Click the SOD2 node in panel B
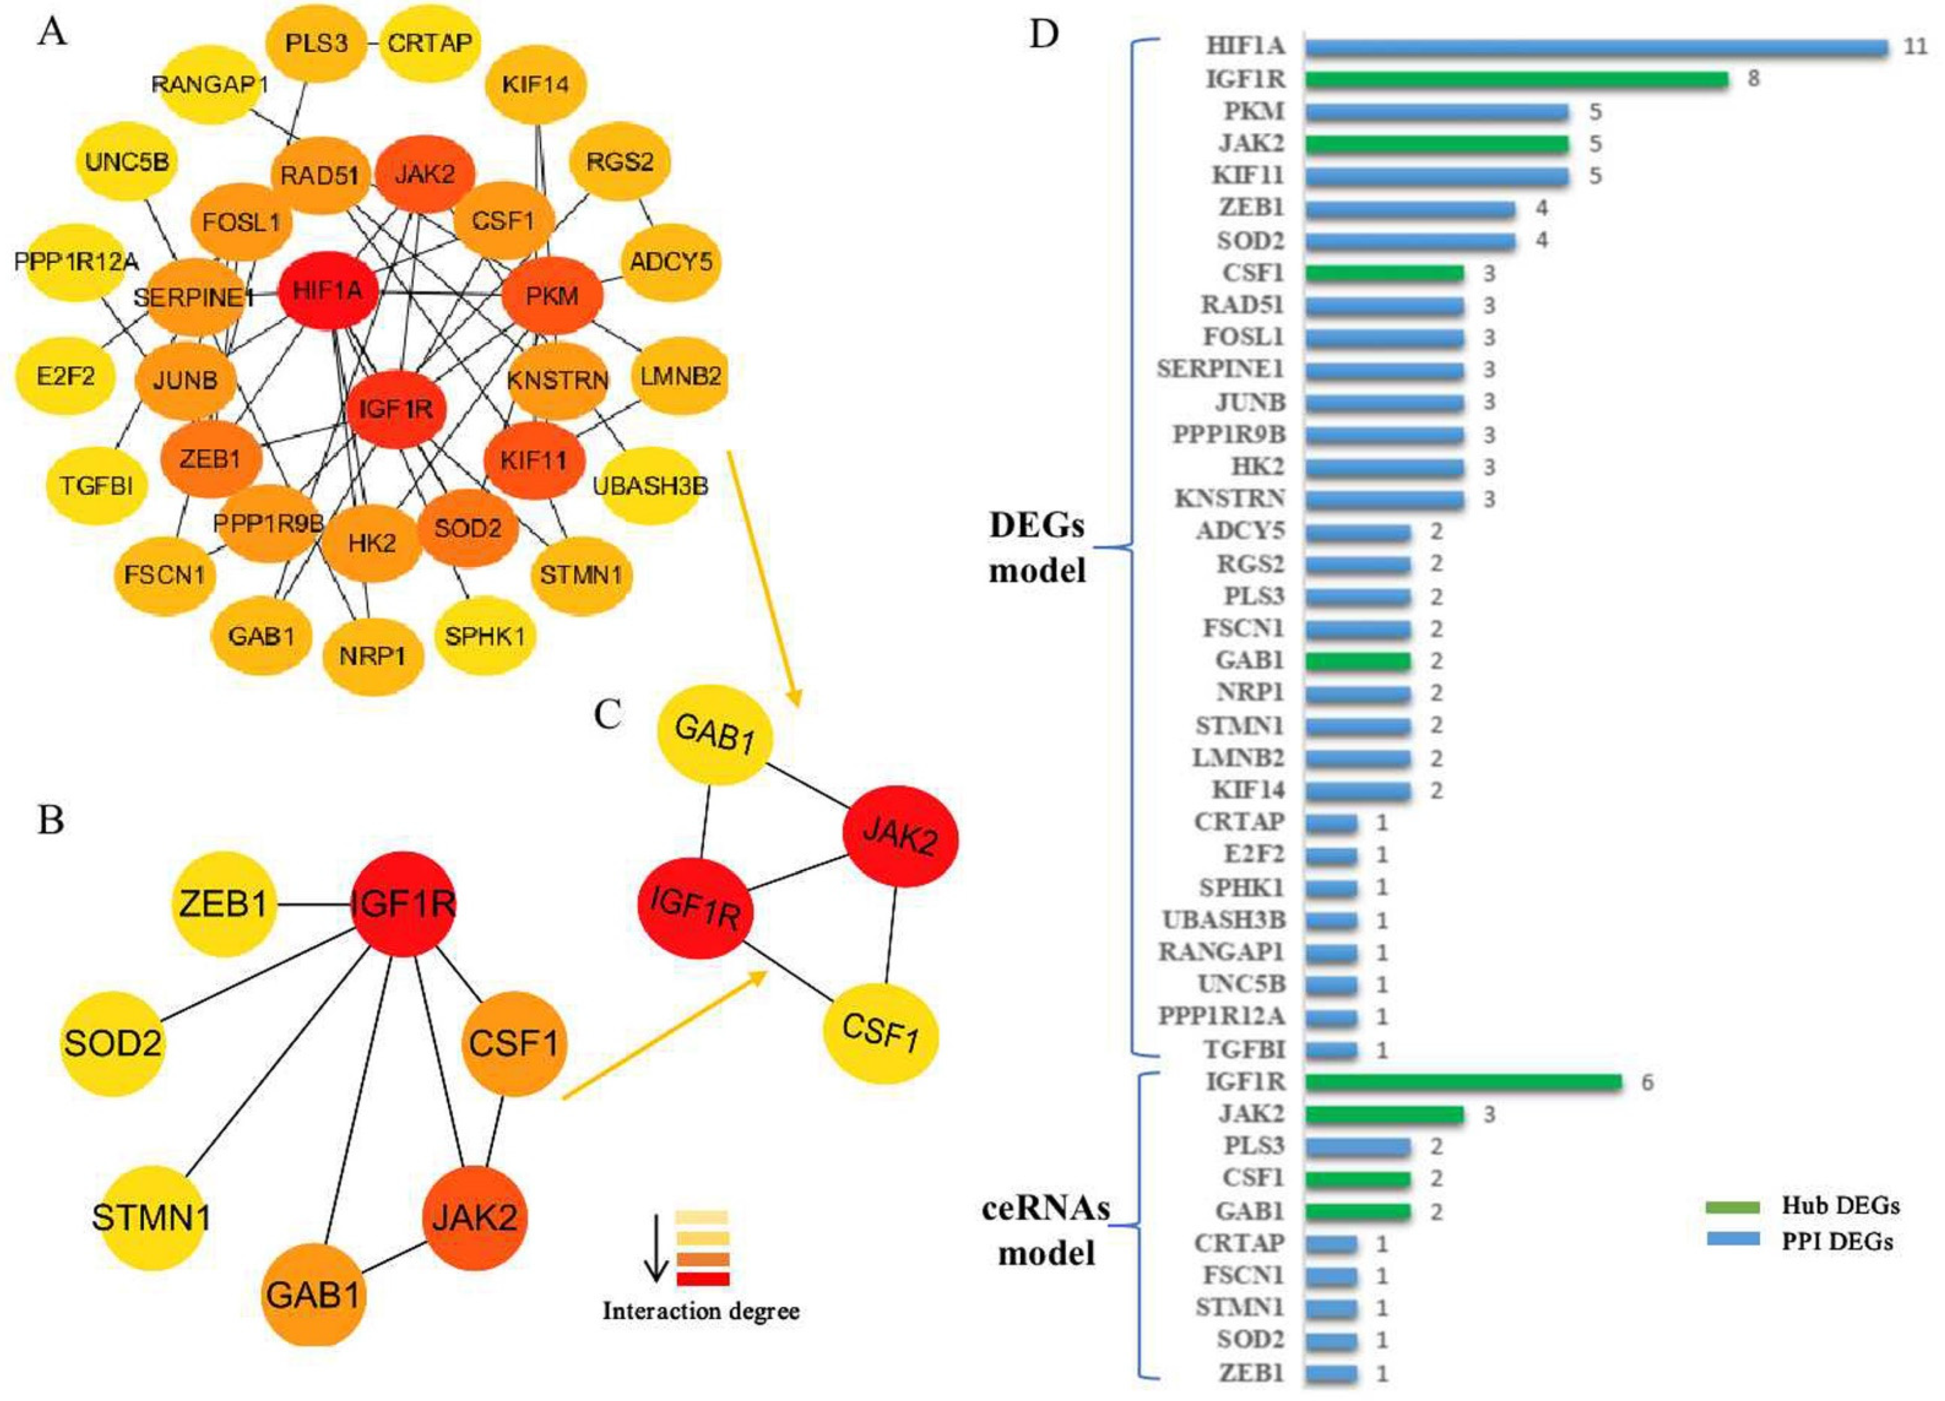112,1045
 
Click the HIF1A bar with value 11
1595,47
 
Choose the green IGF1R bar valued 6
1463,1082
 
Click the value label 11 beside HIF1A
1915,47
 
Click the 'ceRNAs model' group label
1045,1231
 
